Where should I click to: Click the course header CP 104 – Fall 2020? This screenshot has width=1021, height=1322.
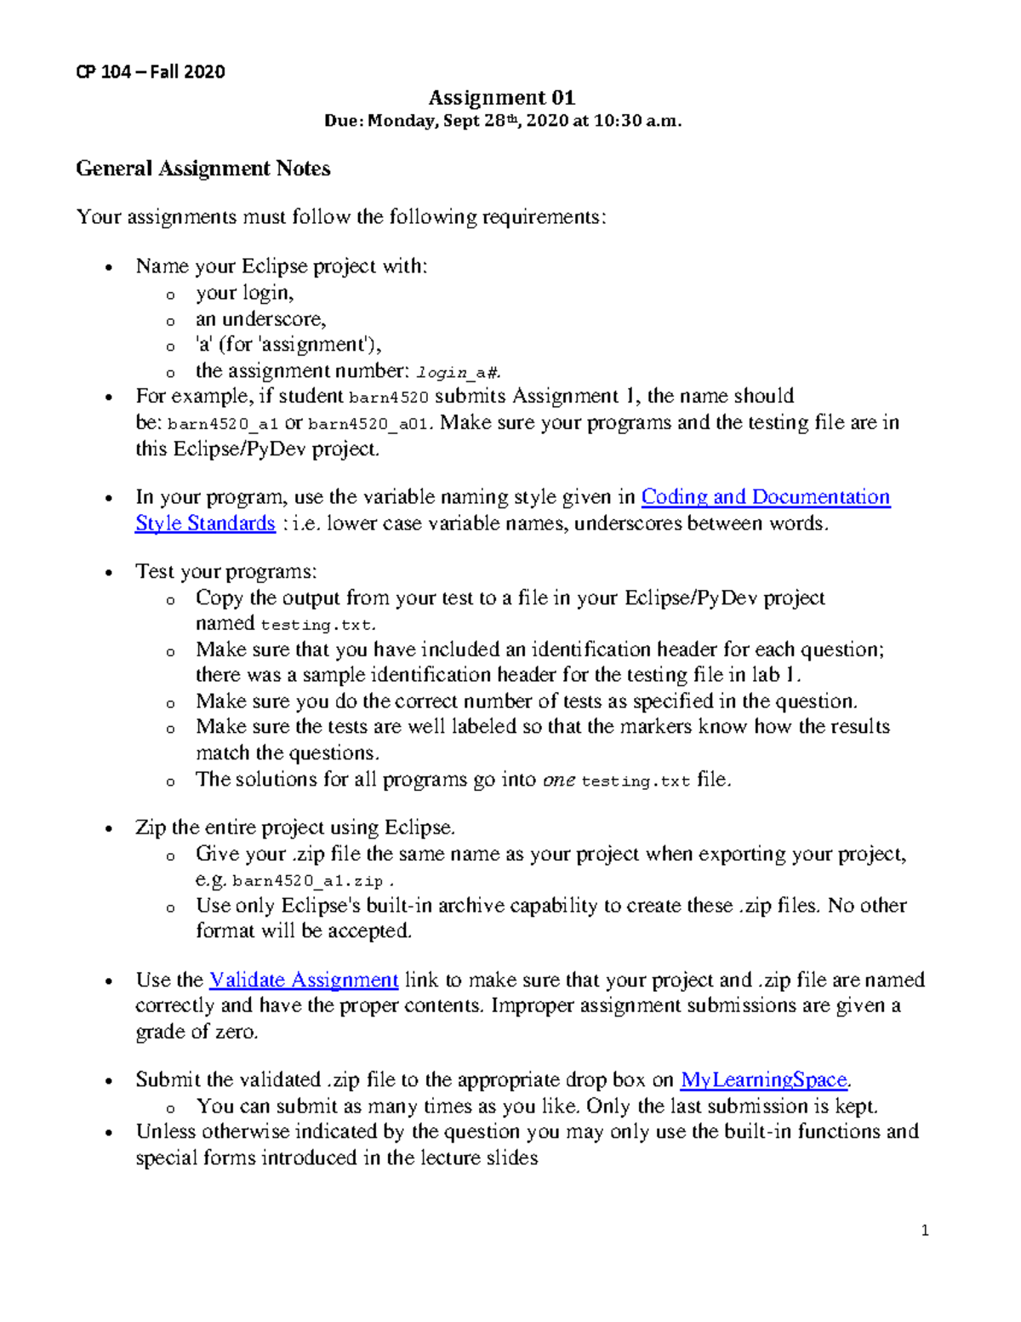click(151, 72)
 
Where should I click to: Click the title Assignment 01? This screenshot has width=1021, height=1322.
click(501, 98)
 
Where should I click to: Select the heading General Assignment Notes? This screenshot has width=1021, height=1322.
click(203, 169)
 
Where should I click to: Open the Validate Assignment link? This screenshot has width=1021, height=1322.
click(304, 980)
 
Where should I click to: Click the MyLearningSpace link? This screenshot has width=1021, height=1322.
click(764, 1080)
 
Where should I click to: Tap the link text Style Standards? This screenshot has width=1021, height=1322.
click(205, 524)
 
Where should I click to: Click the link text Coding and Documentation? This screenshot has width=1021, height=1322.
click(765, 497)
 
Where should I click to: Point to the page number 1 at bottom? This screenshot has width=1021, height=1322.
click(925, 1230)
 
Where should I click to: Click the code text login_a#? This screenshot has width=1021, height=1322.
click(459, 372)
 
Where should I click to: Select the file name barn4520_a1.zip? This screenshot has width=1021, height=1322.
click(307, 881)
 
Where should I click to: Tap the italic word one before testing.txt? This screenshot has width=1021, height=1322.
click(559, 780)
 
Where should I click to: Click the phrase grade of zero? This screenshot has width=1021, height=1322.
click(197, 1032)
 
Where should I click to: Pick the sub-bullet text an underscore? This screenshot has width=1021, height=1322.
click(260, 319)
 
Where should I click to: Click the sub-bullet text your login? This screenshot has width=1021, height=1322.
click(244, 293)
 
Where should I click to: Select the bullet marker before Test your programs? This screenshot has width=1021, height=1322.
click(108, 573)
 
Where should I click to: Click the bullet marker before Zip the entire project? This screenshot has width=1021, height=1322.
click(108, 829)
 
